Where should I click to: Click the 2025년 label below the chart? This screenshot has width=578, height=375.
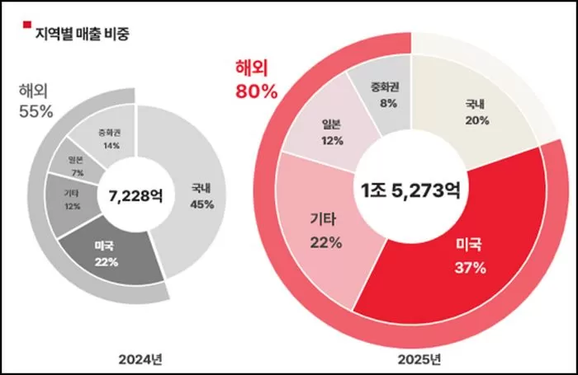click(x=419, y=359)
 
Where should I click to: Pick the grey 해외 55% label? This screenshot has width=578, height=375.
click(x=36, y=101)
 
